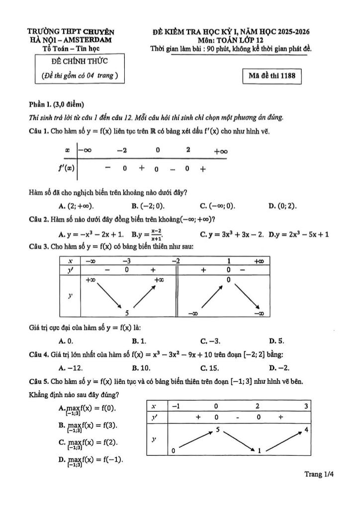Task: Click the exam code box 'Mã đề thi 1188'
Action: click(x=272, y=76)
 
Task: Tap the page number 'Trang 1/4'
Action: click(x=319, y=474)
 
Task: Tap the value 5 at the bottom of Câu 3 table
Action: click(x=127, y=313)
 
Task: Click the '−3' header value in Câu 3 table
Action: click(x=126, y=260)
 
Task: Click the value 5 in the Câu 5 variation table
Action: click(x=218, y=428)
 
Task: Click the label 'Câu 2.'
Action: click(x=39, y=219)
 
